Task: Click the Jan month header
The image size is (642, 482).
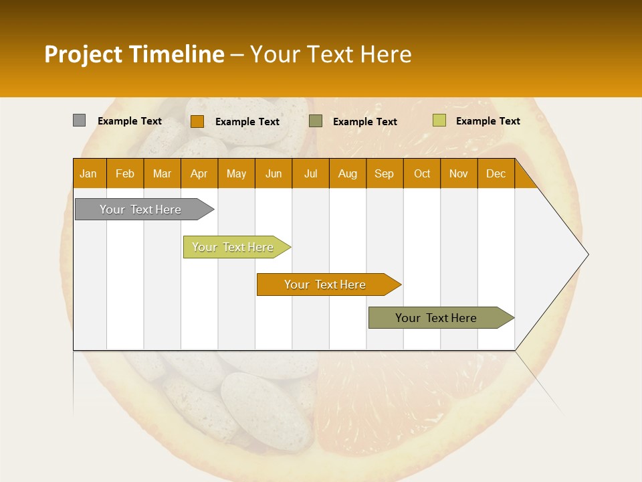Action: pos(89,173)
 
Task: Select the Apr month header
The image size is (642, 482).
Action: pos(199,173)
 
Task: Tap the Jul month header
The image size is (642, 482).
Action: pos(310,173)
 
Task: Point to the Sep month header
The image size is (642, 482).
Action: pos(384,173)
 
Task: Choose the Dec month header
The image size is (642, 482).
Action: pos(496,173)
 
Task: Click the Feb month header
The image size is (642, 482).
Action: pos(125,173)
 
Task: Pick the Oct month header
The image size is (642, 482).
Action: pos(421,173)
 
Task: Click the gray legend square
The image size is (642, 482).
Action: pos(79,120)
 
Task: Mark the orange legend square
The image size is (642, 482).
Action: pos(197,121)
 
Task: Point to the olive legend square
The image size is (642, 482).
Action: pos(316,121)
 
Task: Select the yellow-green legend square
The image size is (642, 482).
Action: pos(439,120)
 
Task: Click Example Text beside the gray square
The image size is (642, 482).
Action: pos(130,121)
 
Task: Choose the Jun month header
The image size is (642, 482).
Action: pos(273,173)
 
